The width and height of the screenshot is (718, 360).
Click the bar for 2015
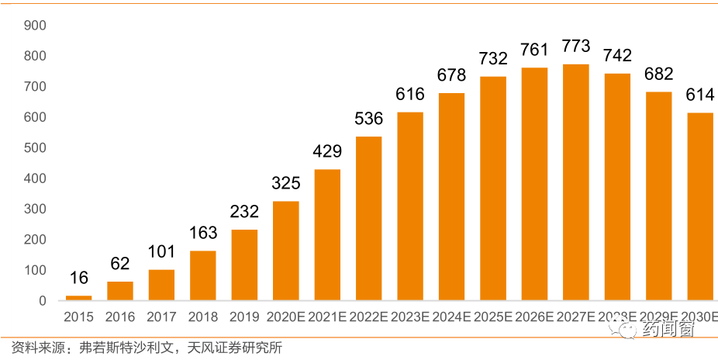tap(78, 298)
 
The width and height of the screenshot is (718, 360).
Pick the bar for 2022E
tap(368, 218)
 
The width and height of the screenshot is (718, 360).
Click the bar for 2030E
tap(700, 206)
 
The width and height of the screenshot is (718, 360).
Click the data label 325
tap(285, 183)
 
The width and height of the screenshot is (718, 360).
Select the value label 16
tap(78, 278)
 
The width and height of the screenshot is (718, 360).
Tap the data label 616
tap(410, 94)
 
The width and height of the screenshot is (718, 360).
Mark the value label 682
tap(659, 74)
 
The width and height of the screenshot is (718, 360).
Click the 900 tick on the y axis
tap(36, 26)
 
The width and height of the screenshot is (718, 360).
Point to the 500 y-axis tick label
tap(36, 148)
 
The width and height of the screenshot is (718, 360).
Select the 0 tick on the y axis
tap(43, 301)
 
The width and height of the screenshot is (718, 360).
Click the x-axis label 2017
tap(161, 317)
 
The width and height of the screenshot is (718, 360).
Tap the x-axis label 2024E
tap(451, 317)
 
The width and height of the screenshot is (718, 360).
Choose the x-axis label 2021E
tap(326, 317)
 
